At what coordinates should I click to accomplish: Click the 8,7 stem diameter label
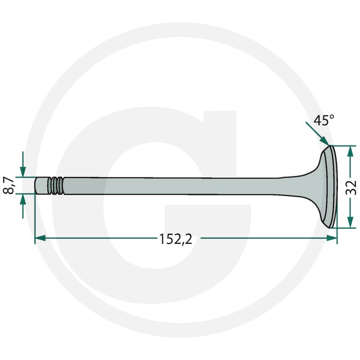[9, 185]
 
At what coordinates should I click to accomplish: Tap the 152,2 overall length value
[175, 239]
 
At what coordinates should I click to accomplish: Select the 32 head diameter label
[351, 188]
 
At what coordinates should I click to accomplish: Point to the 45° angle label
[324, 120]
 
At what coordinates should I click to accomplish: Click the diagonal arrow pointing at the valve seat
[318, 134]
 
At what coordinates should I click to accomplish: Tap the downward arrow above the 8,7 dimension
[23, 164]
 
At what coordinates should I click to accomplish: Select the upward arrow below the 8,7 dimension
[23, 206]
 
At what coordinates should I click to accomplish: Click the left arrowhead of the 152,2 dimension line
[40, 238]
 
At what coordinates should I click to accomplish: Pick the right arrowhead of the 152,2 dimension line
[332, 238]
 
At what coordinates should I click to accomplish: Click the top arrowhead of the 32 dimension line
[350, 151]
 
